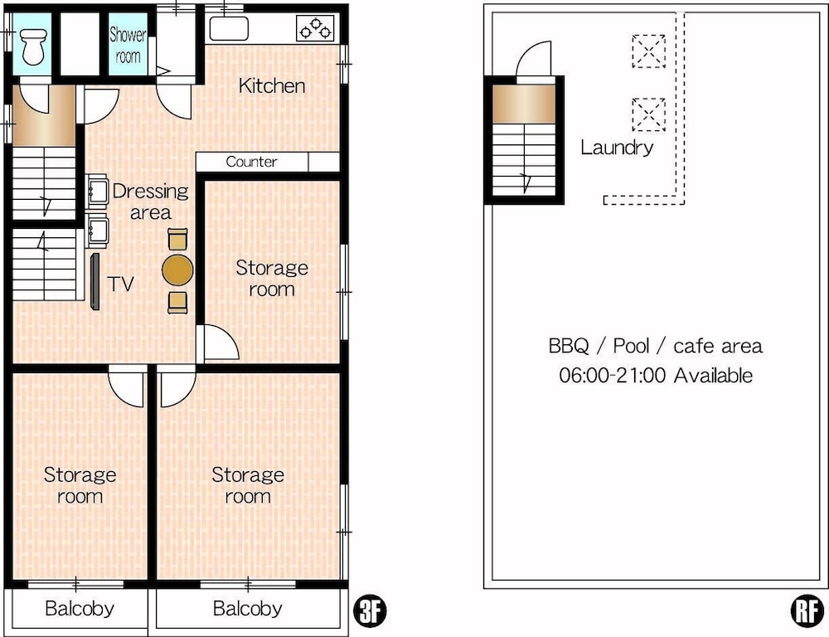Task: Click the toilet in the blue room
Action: [33, 46]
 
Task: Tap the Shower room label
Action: [128, 45]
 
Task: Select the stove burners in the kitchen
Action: [316, 28]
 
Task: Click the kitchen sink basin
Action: [229, 28]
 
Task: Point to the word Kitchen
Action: [272, 85]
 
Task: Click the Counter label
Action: [251, 162]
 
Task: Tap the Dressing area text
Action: [151, 202]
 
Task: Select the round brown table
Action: [177, 270]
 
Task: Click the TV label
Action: [121, 284]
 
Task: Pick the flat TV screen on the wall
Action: [95, 281]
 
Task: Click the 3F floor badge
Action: [370, 611]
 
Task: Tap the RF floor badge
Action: [807, 611]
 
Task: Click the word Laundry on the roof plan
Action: [617, 148]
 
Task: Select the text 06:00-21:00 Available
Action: [656, 376]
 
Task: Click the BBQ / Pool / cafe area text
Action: [656, 346]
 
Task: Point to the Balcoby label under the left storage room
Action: [80, 609]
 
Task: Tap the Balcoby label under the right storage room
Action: [247, 609]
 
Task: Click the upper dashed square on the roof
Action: [649, 51]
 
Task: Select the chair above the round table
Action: [177, 239]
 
